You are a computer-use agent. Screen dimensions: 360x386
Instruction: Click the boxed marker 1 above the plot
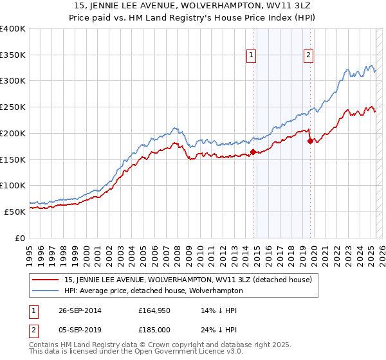(251, 56)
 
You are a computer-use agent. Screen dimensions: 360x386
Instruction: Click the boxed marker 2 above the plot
(309, 56)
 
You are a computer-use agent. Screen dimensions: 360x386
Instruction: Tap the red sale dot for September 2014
(253, 152)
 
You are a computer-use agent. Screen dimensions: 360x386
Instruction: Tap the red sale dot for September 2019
(309, 141)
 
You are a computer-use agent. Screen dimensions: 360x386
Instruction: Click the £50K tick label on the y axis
(15, 212)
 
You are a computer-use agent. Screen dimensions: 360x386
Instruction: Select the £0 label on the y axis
(21, 238)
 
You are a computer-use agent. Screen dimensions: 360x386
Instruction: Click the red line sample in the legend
(46, 280)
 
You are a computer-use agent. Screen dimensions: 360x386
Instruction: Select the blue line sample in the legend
(46, 291)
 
